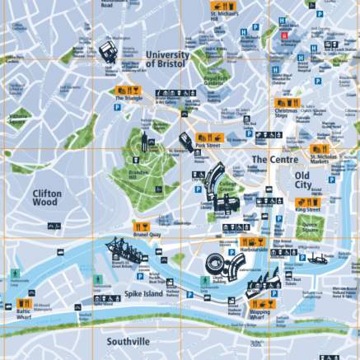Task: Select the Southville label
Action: (x=128, y=340)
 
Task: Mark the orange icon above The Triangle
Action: (x=128, y=90)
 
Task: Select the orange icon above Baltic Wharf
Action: (x=25, y=303)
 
